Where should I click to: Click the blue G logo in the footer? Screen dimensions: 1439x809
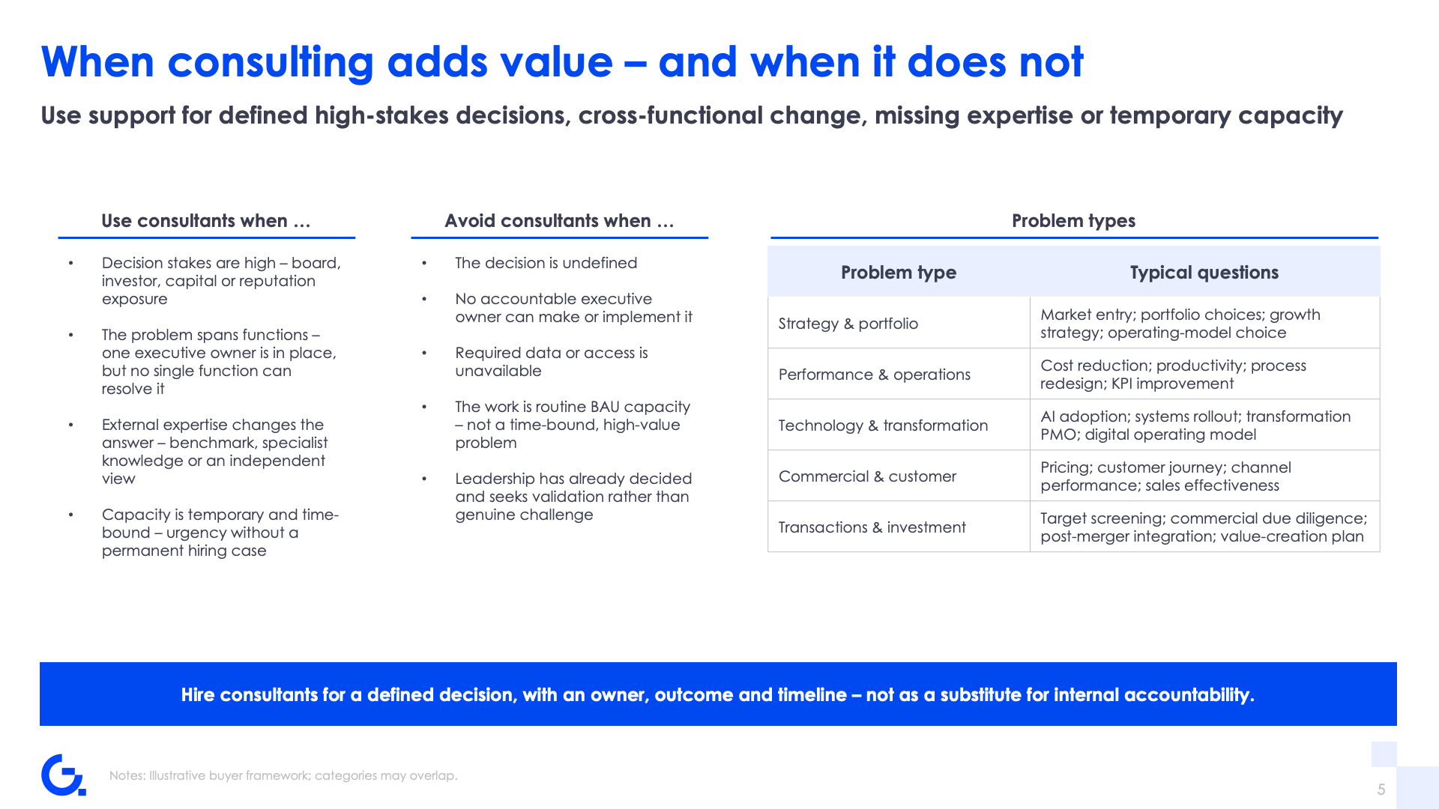click(63, 775)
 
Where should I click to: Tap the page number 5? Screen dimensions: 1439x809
click(1381, 790)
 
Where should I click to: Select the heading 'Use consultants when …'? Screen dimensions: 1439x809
click(206, 221)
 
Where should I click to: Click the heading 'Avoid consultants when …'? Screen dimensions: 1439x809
click(559, 221)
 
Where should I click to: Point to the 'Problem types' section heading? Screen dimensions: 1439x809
click(1073, 221)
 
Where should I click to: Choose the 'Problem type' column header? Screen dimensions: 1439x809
click(899, 273)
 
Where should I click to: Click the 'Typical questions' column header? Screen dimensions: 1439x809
click(1204, 273)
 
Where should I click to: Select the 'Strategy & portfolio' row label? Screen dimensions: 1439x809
click(848, 324)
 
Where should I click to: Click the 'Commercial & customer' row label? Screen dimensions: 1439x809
click(867, 476)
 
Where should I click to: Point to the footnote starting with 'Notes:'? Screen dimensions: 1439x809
click(283, 775)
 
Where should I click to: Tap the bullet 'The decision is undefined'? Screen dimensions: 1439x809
click(546, 263)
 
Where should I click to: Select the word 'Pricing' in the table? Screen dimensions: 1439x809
click(1067, 468)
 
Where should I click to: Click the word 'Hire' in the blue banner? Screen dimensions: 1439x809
click(198, 695)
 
